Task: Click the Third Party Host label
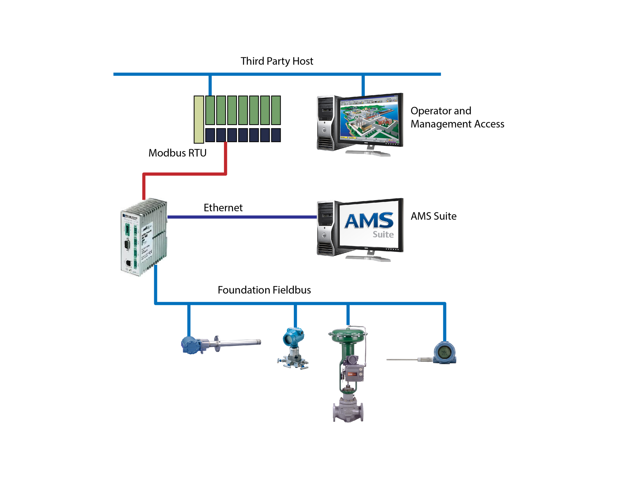click(276, 61)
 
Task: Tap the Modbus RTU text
click(177, 153)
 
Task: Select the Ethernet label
click(223, 207)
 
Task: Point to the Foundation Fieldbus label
click(264, 290)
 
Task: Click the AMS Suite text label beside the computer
click(433, 216)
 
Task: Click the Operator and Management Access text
click(457, 117)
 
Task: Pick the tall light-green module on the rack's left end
click(199, 119)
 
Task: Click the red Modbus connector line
click(185, 174)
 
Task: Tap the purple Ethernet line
click(241, 217)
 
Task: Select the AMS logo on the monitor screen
click(370, 221)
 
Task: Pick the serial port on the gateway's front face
click(127, 244)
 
